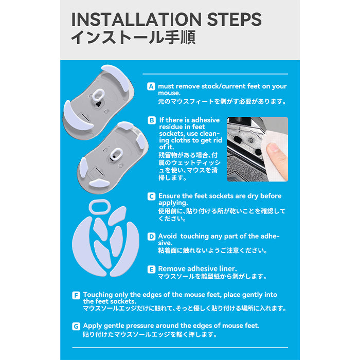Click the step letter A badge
tap(151, 86)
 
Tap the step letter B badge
tap(152, 120)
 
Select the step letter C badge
tap(151, 196)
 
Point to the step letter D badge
tap(151, 237)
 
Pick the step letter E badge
tap(151, 269)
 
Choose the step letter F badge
tap(76, 295)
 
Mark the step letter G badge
tap(76, 326)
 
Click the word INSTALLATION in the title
tap(136, 20)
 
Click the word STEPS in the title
tap(235, 20)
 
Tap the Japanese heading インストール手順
tap(133, 37)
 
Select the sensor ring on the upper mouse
tap(98, 95)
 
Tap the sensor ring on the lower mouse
tap(116, 154)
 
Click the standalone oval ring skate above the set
tap(100, 207)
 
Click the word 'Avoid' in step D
tap(167, 236)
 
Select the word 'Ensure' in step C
tap(169, 196)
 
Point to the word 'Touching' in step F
tap(98, 295)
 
